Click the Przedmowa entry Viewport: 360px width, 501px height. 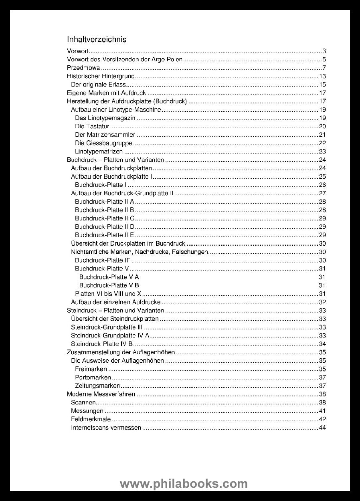[83, 68]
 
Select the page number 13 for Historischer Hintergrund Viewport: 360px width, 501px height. [322, 76]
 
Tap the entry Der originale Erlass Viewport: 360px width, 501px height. [98, 85]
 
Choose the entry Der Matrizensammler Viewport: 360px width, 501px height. [105, 135]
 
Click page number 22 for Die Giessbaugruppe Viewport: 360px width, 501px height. [322, 143]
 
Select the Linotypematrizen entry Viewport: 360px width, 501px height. [99, 152]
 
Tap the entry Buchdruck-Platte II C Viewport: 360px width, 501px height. [104, 218]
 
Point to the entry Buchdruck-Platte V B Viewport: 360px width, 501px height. [109, 285]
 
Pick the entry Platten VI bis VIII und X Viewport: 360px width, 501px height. [108, 294]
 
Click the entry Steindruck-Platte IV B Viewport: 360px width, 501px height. [101, 344]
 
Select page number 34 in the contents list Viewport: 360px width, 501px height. [322, 344]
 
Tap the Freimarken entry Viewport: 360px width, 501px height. [91, 369]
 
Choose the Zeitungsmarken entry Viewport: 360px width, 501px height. [97, 386]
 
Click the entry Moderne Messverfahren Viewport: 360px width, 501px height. [101, 394]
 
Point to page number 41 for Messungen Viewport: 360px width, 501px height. [322, 411]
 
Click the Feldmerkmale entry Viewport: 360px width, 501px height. [91, 419]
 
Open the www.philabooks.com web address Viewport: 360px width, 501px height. [184, 484]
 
